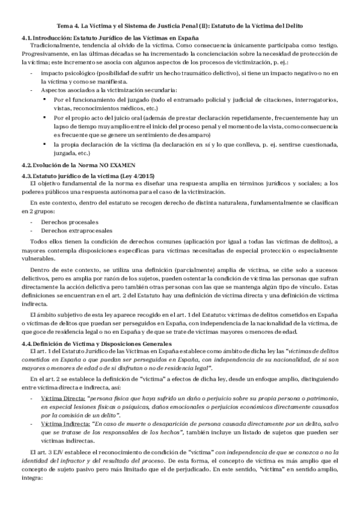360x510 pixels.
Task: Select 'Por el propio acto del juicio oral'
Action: point(100,118)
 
